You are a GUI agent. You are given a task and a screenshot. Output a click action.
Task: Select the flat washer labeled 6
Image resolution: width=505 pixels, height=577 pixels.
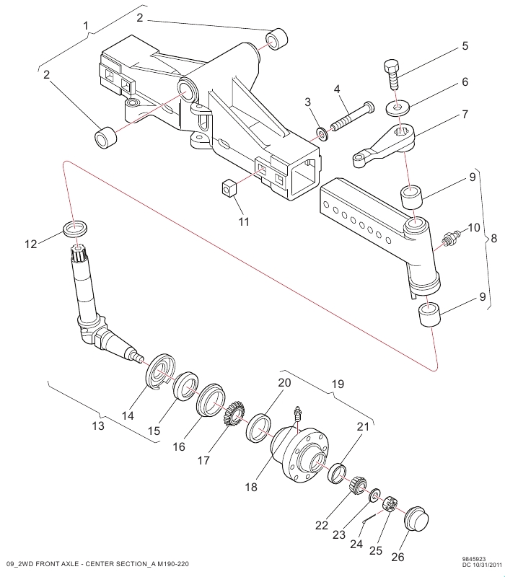(398, 107)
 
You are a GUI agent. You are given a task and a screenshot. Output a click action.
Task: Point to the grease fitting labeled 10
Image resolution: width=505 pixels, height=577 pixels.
(452, 238)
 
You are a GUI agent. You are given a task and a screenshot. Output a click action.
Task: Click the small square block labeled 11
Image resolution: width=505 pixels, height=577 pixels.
(229, 189)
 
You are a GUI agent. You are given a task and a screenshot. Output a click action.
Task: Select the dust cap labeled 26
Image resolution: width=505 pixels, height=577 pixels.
(416, 519)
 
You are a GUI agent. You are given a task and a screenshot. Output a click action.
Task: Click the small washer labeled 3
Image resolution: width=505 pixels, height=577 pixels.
(322, 134)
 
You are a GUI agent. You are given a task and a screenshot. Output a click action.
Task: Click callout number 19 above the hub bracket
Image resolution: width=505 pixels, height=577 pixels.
(338, 384)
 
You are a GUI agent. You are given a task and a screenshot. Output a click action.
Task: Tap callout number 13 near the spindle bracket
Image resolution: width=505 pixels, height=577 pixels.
(98, 426)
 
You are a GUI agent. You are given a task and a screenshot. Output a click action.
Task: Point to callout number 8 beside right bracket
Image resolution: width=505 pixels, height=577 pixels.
(493, 239)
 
